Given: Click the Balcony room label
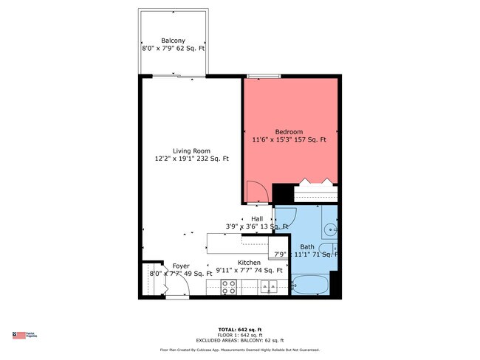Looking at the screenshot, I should tap(173, 41).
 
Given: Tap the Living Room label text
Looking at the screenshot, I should tap(192, 150).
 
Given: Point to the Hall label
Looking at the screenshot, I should tap(257, 219).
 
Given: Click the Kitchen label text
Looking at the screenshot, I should tap(249, 263).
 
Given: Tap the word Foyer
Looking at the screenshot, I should tap(181, 266).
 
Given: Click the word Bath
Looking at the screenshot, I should tap(307, 247).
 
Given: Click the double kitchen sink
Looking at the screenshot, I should tap(270, 286).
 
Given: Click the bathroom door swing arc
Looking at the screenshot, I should tap(284, 221).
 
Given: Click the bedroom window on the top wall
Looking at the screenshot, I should tap(264, 75).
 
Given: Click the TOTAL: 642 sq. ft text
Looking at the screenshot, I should tap(240, 328).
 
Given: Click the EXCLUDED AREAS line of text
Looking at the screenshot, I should tap(240, 340).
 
